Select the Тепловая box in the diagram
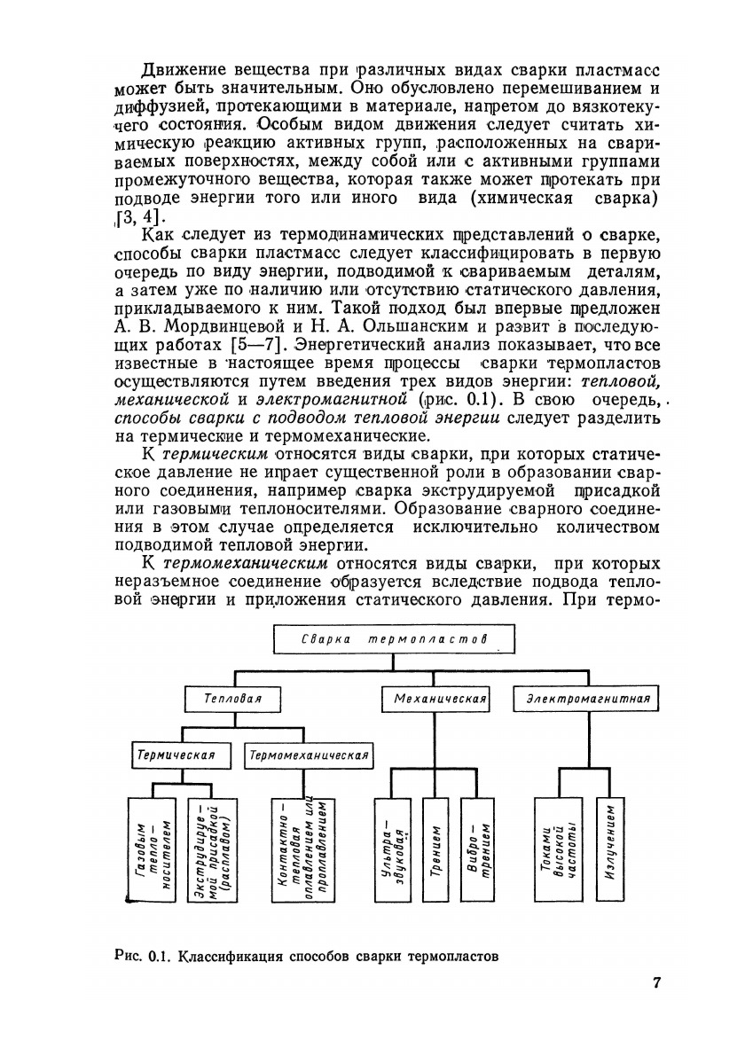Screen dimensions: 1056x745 232,699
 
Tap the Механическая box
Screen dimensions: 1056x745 441,699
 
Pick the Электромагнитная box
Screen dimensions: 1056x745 588,699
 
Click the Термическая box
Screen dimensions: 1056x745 175,755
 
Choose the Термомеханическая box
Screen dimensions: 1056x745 309,755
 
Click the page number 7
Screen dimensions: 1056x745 657,982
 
